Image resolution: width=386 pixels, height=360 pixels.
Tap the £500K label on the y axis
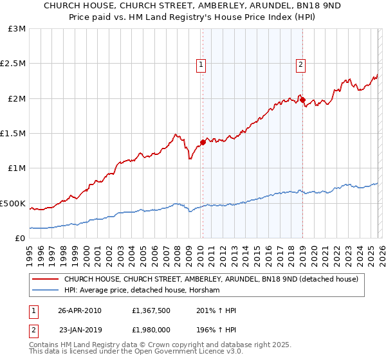(x=13, y=203)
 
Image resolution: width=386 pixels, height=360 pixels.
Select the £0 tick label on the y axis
(x=19, y=238)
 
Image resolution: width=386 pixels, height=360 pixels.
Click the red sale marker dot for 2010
(x=203, y=142)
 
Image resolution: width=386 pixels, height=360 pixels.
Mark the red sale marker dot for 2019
(x=302, y=100)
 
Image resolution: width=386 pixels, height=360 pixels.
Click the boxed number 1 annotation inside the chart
(x=201, y=64)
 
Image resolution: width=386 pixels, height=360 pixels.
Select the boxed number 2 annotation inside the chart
(x=300, y=64)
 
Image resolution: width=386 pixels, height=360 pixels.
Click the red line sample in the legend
(x=45, y=280)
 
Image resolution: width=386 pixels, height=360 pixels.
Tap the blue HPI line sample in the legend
(x=45, y=291)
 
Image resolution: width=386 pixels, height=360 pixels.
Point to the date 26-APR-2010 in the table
(x=80, y=310)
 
